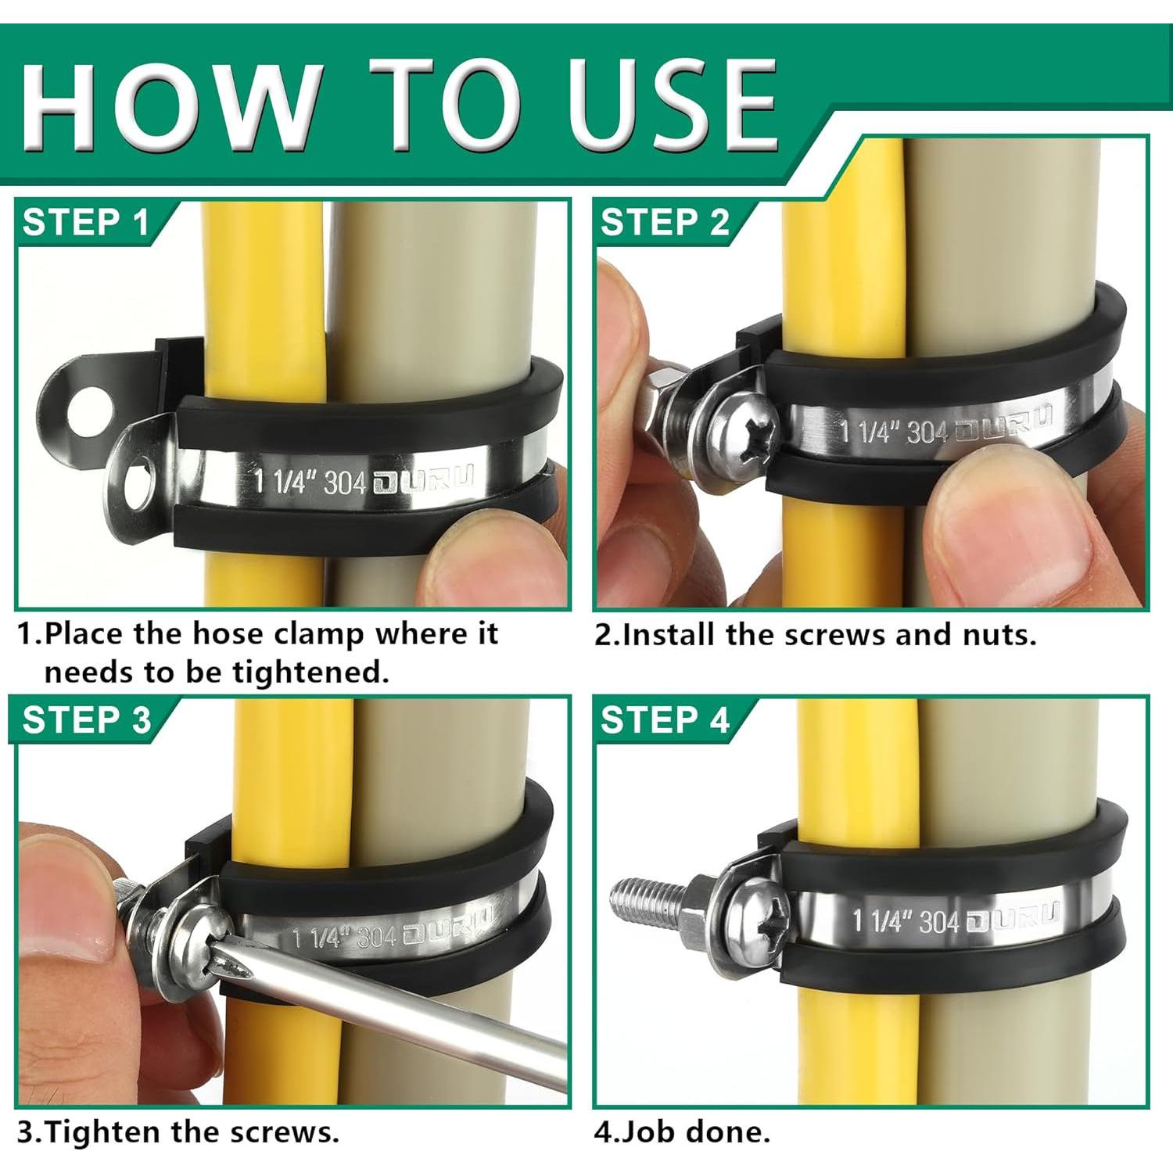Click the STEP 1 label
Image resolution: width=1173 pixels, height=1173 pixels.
coord(85,223)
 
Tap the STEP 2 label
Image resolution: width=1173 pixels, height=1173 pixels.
coord(665,223)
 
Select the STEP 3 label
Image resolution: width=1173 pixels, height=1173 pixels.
coord(86,719)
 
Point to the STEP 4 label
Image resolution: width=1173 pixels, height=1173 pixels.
coord(665,719)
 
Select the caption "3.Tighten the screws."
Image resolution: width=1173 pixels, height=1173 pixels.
coord(178,1132)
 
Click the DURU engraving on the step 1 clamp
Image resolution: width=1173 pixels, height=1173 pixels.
coord(423,480)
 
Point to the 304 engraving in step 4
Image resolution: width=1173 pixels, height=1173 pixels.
coord(938,921)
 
